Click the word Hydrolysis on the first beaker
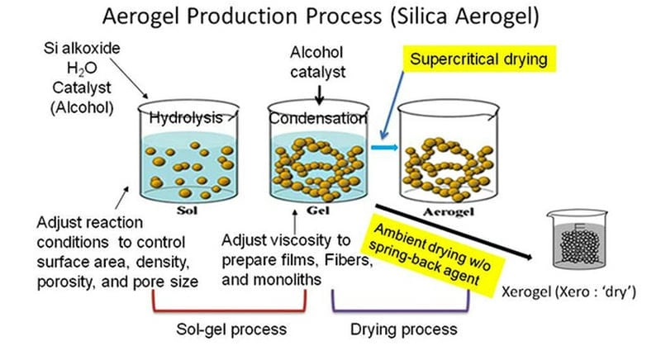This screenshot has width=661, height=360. pyautogui.click(x=186, y=119)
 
